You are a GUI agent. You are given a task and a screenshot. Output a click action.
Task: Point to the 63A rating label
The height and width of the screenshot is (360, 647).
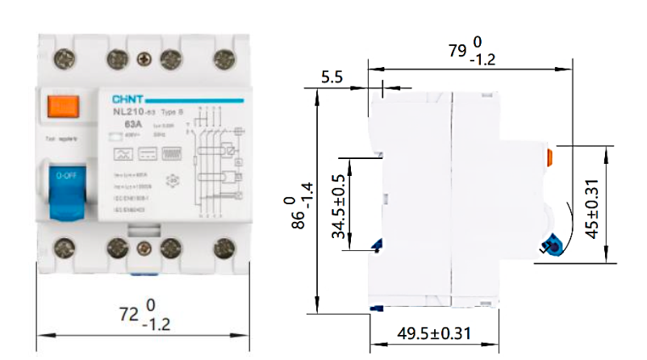click(125, 125)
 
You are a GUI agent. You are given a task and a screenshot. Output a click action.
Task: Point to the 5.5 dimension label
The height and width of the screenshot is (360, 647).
click(332, 77)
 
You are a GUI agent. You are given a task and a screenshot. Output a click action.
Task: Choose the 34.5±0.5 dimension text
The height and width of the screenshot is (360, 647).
click(338, 207)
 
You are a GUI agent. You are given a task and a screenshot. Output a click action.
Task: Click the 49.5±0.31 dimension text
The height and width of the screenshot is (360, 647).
click(435, 333)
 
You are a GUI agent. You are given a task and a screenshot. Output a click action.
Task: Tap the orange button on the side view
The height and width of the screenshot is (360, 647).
click(549, 157)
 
